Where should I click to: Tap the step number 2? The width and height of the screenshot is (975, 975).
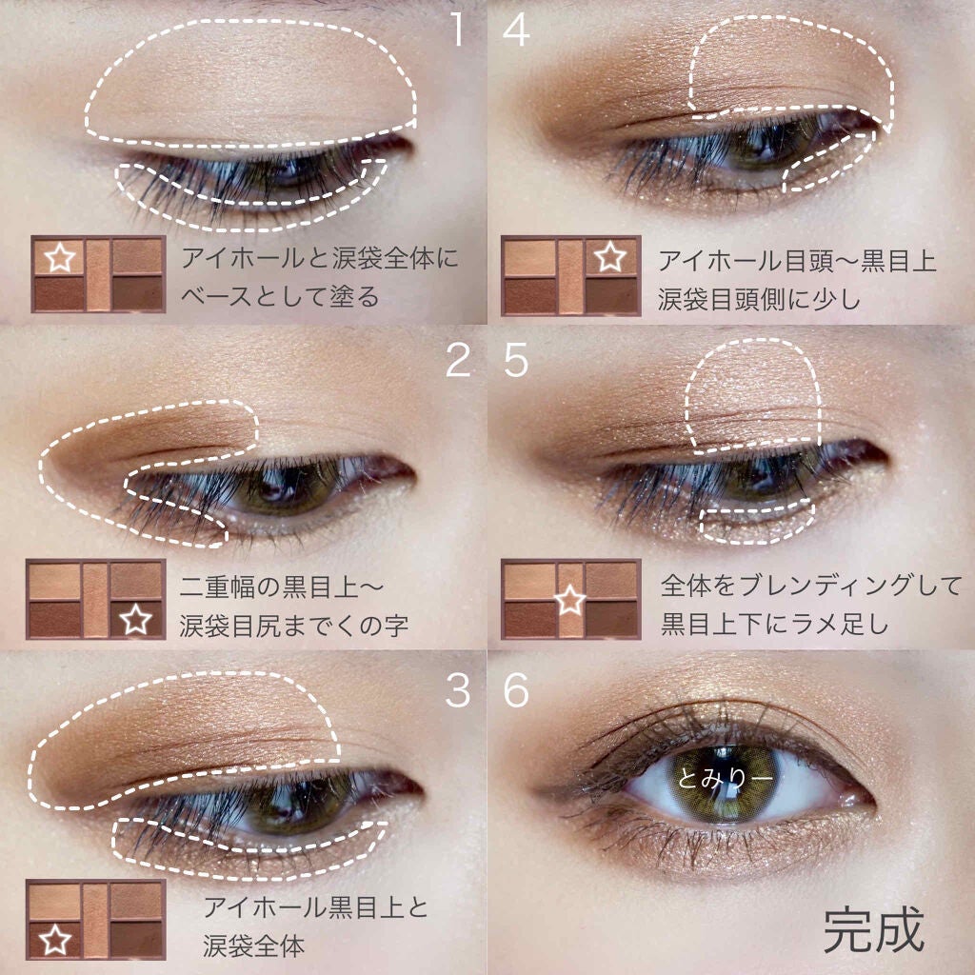458,361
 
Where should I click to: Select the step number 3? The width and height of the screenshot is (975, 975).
458,691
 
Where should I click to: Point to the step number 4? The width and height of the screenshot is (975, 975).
515,30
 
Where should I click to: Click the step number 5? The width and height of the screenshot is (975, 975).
515,361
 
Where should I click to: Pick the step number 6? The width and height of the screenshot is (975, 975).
515,691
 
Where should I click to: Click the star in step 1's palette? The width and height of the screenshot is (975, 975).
59,257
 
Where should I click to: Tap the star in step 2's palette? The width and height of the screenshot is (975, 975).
137,621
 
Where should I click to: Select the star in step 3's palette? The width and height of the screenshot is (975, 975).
53,939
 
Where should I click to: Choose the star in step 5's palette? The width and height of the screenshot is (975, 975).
569,600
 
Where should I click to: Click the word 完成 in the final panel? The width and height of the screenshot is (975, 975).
873,931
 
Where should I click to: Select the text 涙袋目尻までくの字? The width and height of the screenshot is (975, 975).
295,626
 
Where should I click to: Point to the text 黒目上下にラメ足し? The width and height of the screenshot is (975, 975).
775,626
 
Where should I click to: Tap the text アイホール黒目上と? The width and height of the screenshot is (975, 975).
315,907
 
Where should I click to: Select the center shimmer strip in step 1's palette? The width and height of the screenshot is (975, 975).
98,274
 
